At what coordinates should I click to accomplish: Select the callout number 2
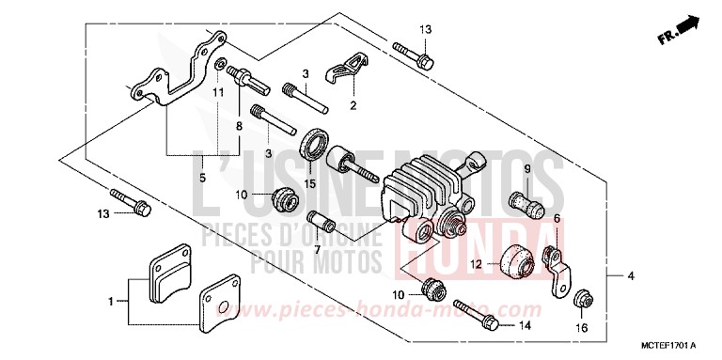coord(353,105)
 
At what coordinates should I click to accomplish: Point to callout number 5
coord(202,176)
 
